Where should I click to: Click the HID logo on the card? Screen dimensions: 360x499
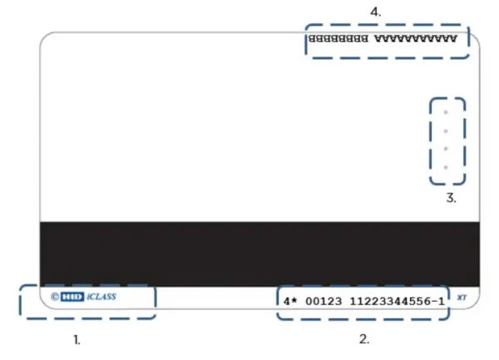[72, 296]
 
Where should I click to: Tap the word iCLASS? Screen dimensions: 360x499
[101, 296]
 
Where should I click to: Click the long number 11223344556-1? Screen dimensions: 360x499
[396, 298]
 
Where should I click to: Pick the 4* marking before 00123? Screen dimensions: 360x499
[289, 298]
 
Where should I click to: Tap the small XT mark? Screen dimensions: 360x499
[462, 297]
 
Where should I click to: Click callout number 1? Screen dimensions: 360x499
[77, 339]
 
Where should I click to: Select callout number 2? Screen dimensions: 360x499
[363, 339]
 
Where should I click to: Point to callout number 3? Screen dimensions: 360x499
[451, 198]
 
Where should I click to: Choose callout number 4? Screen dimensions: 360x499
[375, 12]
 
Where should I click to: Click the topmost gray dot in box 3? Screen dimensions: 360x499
[447, 112]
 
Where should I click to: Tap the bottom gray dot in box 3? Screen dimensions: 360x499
[447, 168]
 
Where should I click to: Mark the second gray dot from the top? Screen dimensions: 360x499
[447, 131]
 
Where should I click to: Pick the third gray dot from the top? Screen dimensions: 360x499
[447, 150]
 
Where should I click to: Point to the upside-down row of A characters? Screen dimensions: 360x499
[415, 39]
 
